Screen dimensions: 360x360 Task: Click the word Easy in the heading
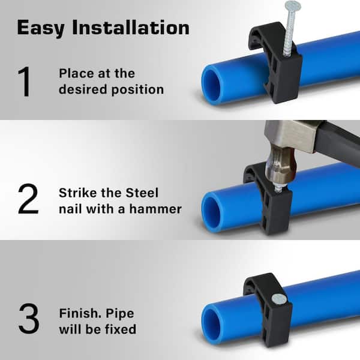click(41, 28)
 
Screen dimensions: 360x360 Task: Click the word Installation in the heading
click(131, 28)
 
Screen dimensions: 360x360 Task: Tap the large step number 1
click(25, 82)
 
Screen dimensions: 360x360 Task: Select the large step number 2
click(28, 199)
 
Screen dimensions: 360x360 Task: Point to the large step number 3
click(29, 319)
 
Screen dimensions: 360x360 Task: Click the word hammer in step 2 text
click(155, 209)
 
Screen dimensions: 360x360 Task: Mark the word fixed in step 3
click(121, 329)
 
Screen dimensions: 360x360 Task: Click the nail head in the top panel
click(293, 5)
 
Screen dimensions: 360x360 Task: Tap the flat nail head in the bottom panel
click(279, 299)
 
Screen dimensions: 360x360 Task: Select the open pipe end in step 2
click(211, 212)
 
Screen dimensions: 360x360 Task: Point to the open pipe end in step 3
click(211, 326)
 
